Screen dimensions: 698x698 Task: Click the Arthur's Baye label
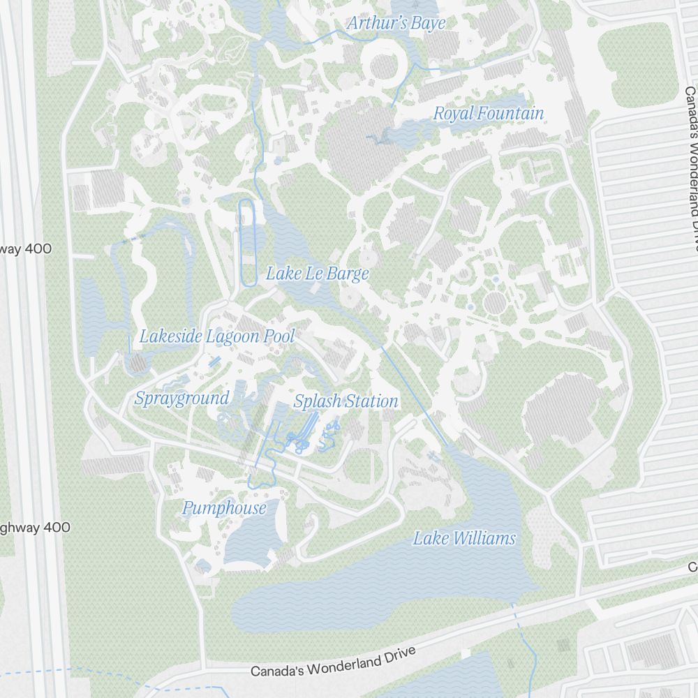pos(396,23)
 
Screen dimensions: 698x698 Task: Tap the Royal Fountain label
pos(488,113)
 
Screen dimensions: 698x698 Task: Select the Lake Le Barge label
pos(317,274)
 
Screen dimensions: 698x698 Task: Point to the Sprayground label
pos(181,399)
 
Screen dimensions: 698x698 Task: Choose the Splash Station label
pos(346,401)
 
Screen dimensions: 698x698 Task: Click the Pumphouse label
pos(224,508)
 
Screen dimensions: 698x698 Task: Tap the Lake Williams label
pos(464,538)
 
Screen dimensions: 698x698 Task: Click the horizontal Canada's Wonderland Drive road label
pos(333,661)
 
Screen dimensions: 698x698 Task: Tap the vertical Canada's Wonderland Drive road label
pos(691,168)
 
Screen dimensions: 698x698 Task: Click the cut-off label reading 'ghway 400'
pos(35,528)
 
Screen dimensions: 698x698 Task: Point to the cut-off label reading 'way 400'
pos(26,249)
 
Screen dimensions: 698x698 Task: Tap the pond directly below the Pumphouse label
pos(251,541)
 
